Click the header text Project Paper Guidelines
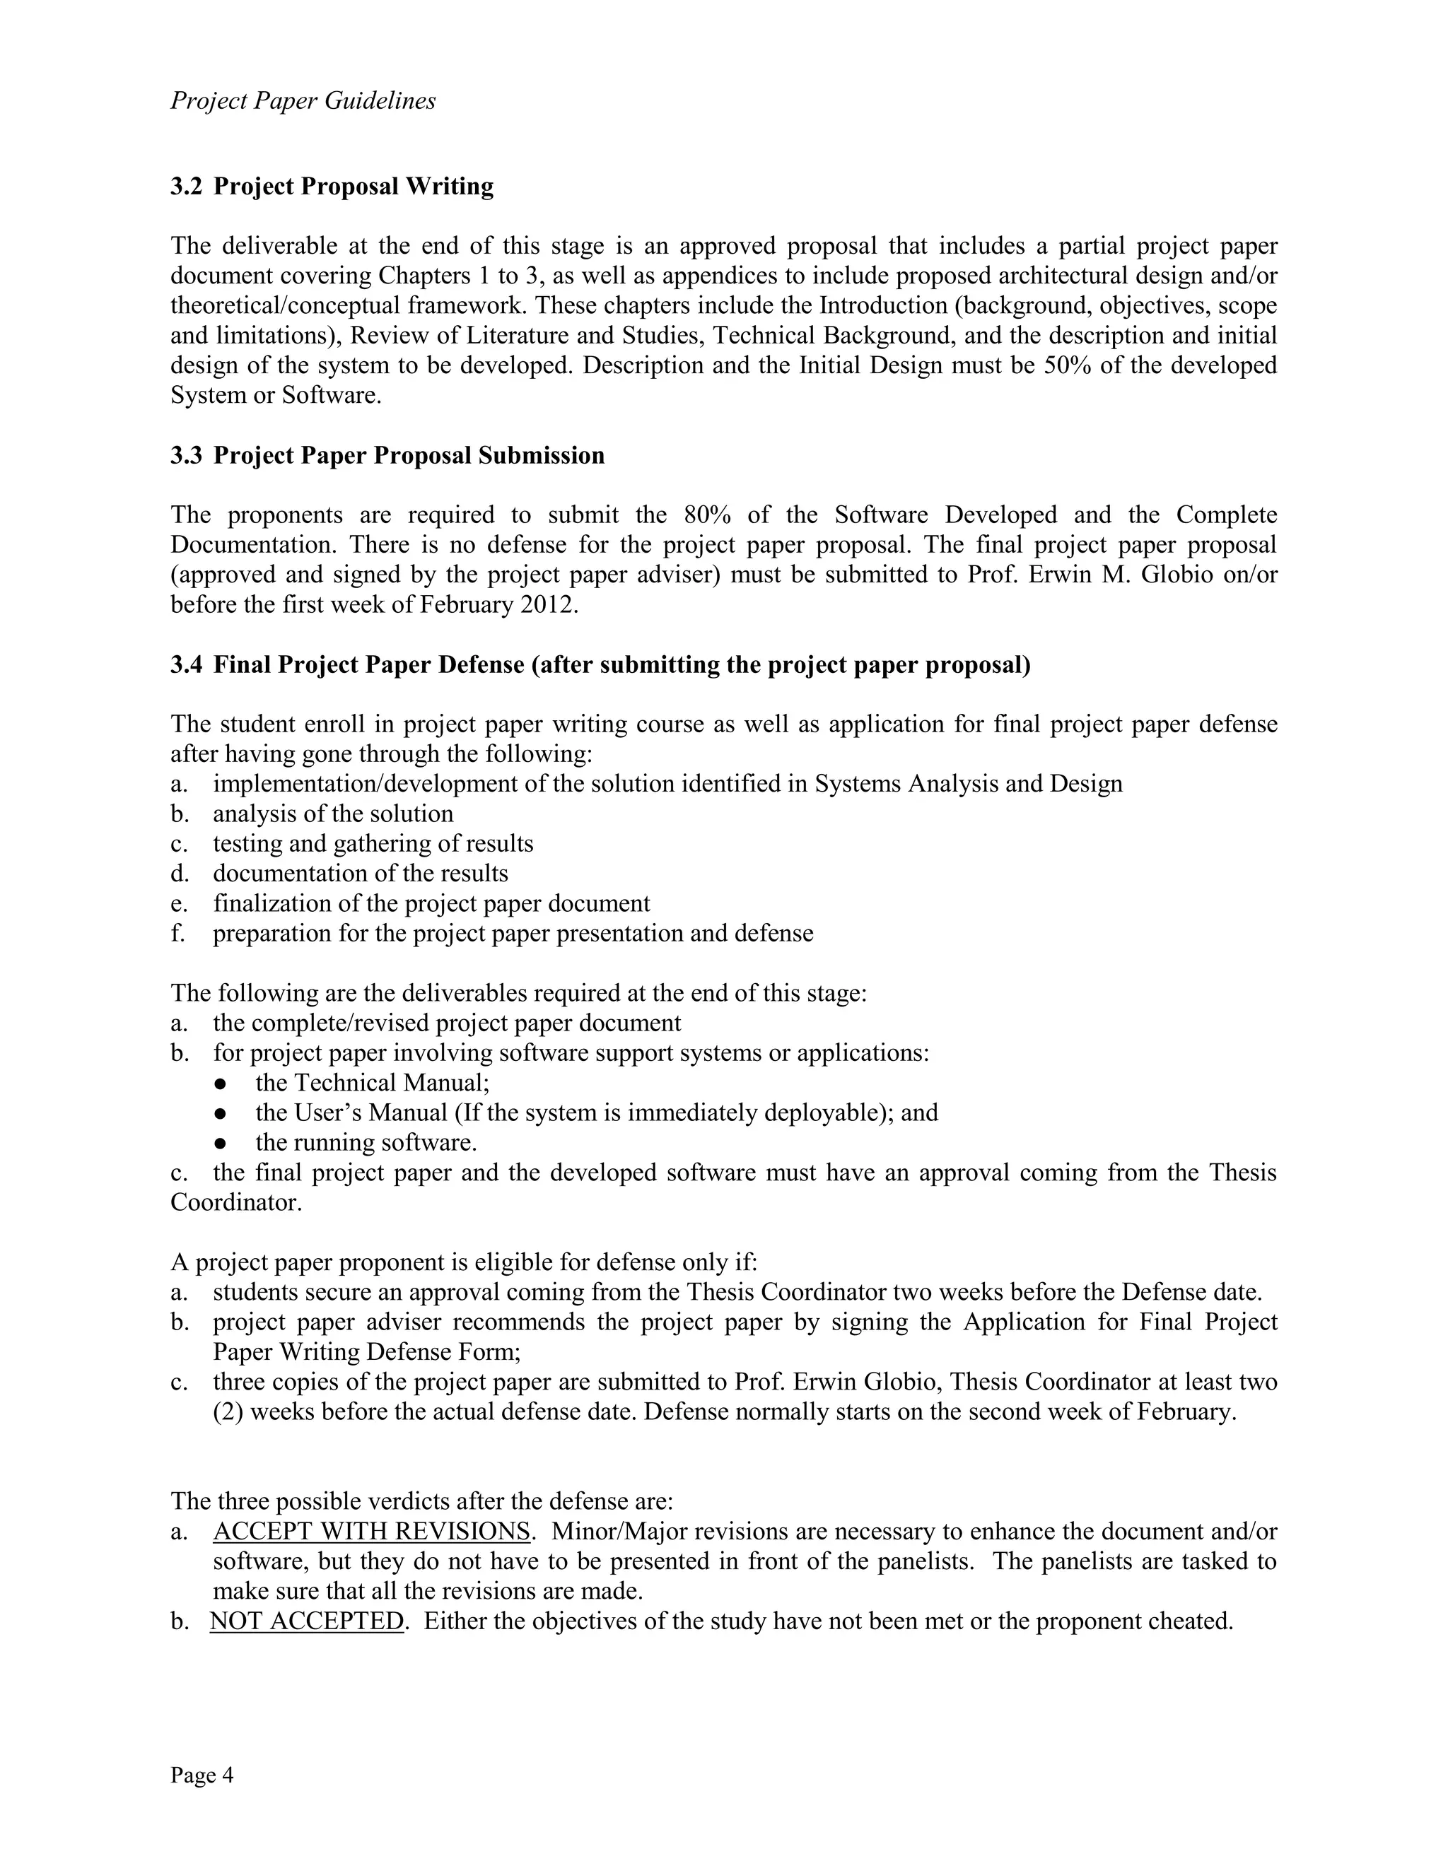(x=303, y=101)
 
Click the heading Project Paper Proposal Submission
(x=409, y=455)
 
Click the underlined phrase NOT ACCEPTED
(x=306, y=1621)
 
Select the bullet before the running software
(x=221, y=1143)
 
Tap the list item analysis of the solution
(x=333, y=814)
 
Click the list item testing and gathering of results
(x=373, y=844)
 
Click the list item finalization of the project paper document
(x=431, y=903)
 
